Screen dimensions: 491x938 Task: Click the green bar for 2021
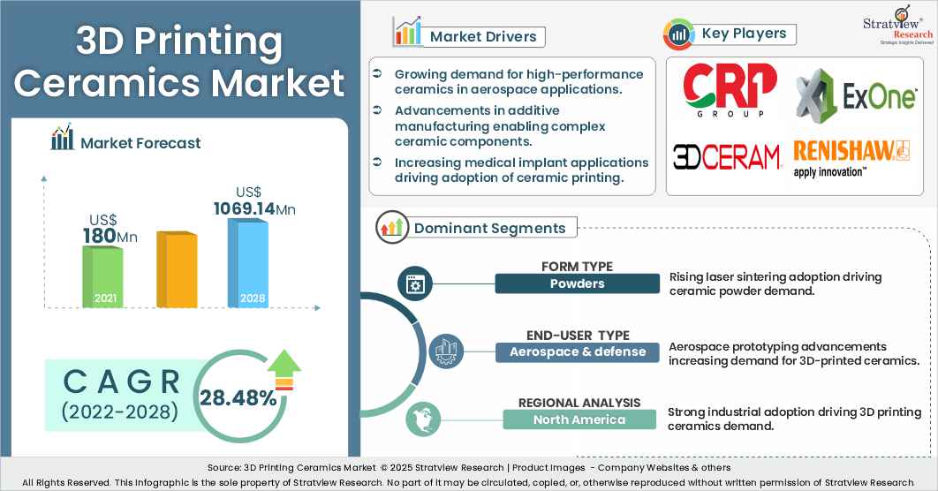[102, 276]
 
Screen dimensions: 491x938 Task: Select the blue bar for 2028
[248, 262]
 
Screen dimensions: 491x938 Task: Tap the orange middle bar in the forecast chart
[177, 269]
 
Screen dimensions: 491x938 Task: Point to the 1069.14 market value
[254, 209]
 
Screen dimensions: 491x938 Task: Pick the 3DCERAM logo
[728, 156]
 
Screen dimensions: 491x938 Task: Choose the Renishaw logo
[851, 157]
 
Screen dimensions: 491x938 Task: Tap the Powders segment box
[577, 283]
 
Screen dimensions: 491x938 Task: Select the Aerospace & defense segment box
[577, 351]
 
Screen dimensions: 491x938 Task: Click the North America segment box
[579, 419]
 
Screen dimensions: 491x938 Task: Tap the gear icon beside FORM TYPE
[413, 283]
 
